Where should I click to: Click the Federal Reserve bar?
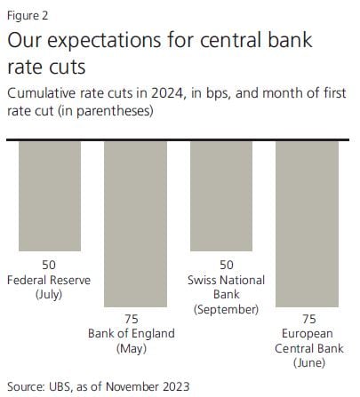point(50,196)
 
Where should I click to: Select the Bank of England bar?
point(135,224)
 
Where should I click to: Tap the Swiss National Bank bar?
point(221,196)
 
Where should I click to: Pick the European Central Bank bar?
point(307,224)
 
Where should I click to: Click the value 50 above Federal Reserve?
point(49,265)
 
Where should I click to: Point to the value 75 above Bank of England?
point(132,319)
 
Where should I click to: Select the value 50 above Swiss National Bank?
point(227,265)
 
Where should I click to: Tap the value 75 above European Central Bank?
point(309,319)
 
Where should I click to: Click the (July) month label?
point(49,295)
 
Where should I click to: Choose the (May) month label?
point(132,348)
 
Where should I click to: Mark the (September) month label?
point(227,309)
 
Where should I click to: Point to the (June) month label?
point(309,363)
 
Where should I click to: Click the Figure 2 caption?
point(28,15)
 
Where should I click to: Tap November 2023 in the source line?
point(148,386)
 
